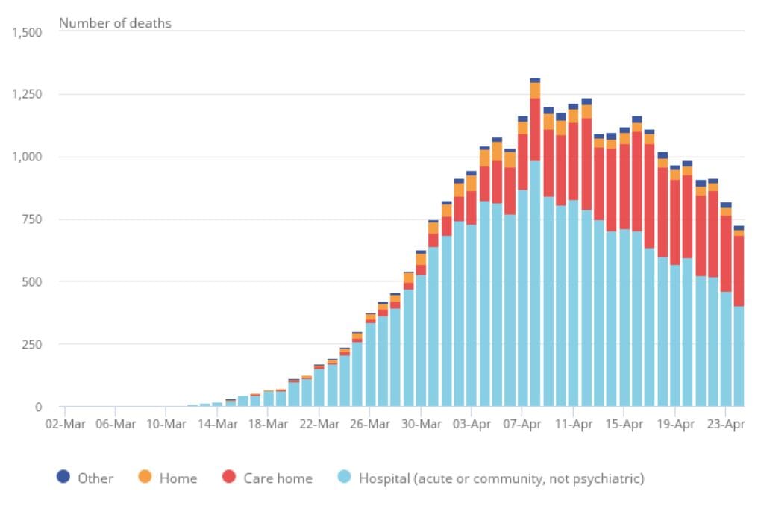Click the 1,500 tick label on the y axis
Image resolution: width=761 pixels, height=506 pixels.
pos(25,32)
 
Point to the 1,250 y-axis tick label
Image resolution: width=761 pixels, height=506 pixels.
pos(25,95)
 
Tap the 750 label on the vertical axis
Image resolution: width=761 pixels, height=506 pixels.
pos(31,219)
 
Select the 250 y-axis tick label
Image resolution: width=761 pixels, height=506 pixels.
pos(31,345)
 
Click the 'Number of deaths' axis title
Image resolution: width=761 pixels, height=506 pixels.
pos(115,23)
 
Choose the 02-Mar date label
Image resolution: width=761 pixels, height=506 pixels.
pos(65,424)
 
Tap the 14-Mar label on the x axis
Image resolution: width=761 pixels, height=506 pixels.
pos(217,424)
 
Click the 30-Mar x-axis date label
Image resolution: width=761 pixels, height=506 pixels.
pos(420,424)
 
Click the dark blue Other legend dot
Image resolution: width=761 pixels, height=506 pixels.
pos(64,477)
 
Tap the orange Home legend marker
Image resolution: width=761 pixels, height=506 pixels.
pos(145,477)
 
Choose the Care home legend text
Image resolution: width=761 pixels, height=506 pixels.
pos(278,478)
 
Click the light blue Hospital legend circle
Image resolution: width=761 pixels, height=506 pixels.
pos(345,477)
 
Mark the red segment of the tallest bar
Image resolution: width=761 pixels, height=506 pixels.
pos(535,129)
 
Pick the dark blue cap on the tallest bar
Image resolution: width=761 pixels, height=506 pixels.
pos(535,80)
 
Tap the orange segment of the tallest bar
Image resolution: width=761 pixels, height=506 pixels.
pos(535,90)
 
